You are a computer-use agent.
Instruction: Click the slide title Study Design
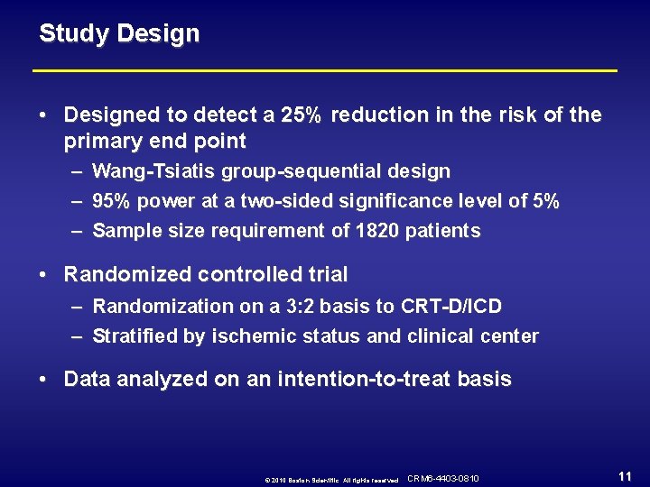click(x=119, y=34)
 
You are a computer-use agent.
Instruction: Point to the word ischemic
click(x=253, y=336)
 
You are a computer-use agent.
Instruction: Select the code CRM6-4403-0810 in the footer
click(x=443, y=478)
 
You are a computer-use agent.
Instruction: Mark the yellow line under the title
click(x=325, y=70)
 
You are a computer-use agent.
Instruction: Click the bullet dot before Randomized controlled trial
click(x=44, y=274)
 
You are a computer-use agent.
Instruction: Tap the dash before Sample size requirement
click(x=78, y=231)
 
